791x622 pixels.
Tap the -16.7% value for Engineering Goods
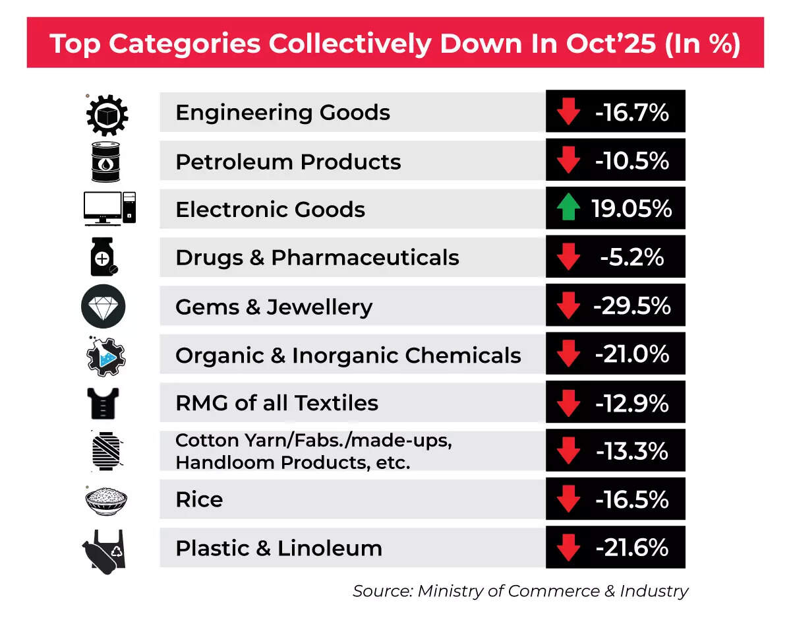[x=631, y=113]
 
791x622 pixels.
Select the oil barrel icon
[x=106, y=161]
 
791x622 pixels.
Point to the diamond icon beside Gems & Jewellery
[x=103, y=307]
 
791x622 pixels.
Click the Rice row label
[x=199, y=499]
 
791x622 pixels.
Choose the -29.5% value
[x=632, y=306]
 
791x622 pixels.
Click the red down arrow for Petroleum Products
[x=568, y=161]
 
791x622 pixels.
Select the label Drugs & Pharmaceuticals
[x=317, y=257]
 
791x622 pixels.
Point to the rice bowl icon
[x=106, y=499]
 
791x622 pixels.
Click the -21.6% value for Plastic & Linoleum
[x=631, y=547]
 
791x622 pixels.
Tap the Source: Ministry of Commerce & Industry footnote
[x=520, y=591]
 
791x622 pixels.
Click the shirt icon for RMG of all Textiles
[x=105, y=403]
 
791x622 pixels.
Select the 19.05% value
[x=632, y=209]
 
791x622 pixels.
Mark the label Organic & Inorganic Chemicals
[x=348, y=356]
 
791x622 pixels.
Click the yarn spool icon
[x=106, y=451]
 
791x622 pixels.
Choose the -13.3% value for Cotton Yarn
[x=631, y=451]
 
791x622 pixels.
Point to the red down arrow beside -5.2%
[x=568, y=257]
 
